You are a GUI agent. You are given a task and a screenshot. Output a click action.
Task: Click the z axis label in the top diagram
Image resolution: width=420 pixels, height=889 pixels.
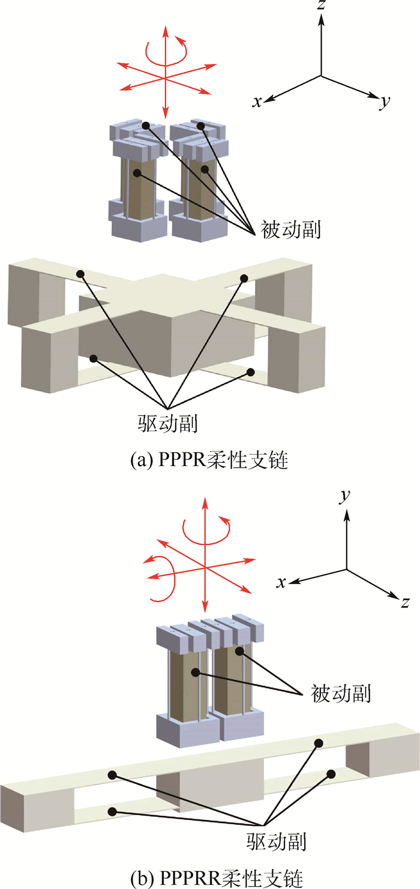(322, 7)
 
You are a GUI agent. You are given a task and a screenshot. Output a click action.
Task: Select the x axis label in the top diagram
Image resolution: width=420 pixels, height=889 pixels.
(257, 102)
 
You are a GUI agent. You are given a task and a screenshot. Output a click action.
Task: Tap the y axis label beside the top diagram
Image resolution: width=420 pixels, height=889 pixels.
(385, 103)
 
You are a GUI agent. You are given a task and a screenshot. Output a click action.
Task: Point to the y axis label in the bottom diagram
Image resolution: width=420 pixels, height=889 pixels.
(345, 498)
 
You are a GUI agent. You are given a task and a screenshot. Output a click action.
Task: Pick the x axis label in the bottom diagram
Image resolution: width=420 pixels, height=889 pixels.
(280, 583)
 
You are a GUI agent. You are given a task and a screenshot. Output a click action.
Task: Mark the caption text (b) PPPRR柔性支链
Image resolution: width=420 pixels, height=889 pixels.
(210, 878)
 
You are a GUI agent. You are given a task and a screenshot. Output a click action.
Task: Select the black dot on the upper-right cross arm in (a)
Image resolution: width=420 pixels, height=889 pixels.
(244, 277)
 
